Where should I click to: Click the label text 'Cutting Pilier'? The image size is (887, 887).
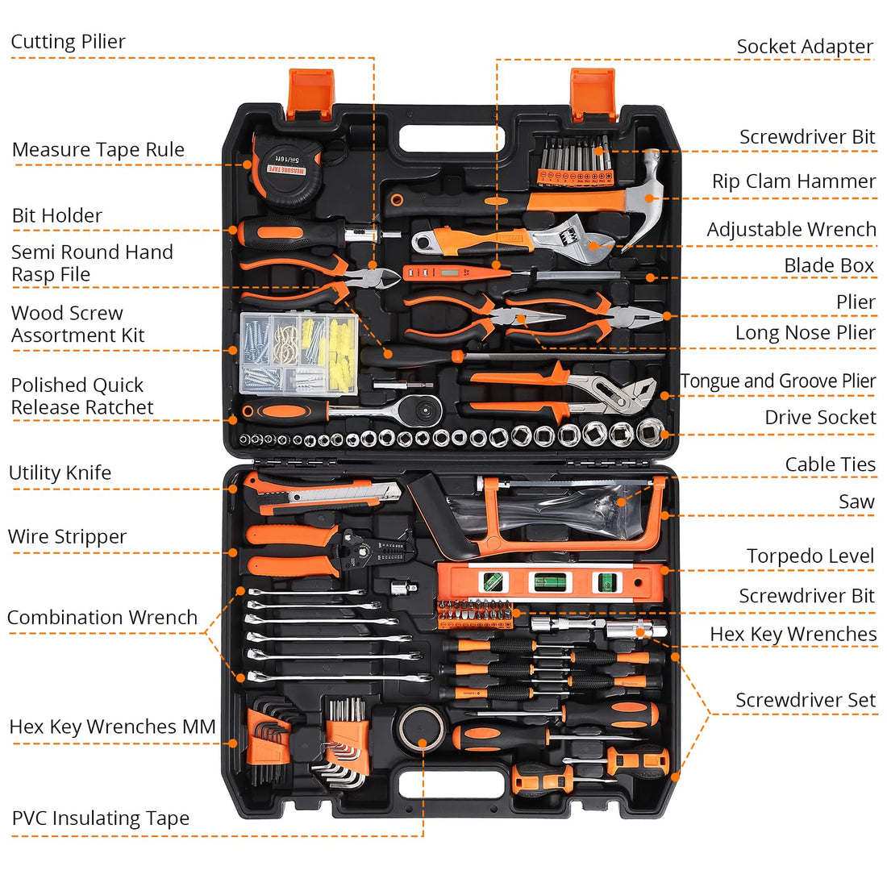coord(69,42)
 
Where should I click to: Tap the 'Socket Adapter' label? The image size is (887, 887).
coord(804,47)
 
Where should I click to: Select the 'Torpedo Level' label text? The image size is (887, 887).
coord(810,556)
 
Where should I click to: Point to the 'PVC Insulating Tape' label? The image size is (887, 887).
coord(101,818)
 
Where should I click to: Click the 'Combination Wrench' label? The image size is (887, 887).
coord(102,618)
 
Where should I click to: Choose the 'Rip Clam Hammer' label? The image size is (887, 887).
coord(793,182)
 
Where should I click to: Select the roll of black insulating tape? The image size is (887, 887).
coord(422,727)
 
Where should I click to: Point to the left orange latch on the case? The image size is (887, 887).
coord(310,94)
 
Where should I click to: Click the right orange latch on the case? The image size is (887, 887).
coord(593,94)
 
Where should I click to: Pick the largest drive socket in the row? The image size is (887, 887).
coord(650,432)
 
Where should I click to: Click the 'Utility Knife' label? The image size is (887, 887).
coord(60,473)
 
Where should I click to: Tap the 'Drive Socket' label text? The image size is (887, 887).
coord(820,418)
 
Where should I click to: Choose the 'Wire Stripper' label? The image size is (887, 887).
coord(68,537)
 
